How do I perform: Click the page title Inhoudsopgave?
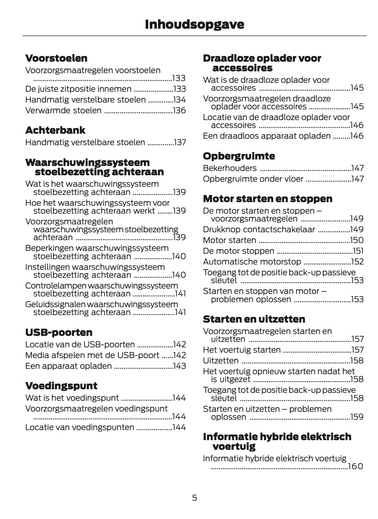pyautogui.click(x=194, y=24)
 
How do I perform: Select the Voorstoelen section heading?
pyautogui.click(x=56, y=58)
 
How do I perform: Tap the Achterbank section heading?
pyautogui.click(x=55, y=130)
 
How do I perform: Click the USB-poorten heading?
pyautogui.click(x=59, y=332)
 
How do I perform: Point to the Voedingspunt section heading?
pyautogui.click(x=61, y=386)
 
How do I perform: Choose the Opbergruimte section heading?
pyautogui.click(x=239, y=156)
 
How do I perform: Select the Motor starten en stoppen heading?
pyautogui.click(x=268, y=199)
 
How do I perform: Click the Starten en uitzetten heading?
pyautogui.click(x=254, y=319)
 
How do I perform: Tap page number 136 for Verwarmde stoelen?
pyautogui.click(x=179, y=110)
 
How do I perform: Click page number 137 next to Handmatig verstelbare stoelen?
pyautogui.click(x=180, y=142)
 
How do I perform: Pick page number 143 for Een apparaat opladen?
pyautogui.click(x=179, y=366)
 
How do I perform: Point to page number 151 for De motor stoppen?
pyautogui.click(x=358, y=251)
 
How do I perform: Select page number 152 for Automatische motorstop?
pyautogui.click(x=357, y=262)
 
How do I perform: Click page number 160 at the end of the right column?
pyautogui.click(x=355, y=466)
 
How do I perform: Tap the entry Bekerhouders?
pyautogui.click(x=230, y=168)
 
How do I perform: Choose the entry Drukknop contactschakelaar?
pyautogui.click(x=259, y=229)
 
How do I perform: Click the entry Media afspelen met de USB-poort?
pyautogui.click(x=92, y=355)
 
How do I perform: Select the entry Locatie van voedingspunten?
pyautogui.click(x=80, y=427)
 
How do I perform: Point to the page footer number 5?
pyautogui.click(x=195, y=498)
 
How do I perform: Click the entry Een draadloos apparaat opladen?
pyautogui.click(x=267, y=136)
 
